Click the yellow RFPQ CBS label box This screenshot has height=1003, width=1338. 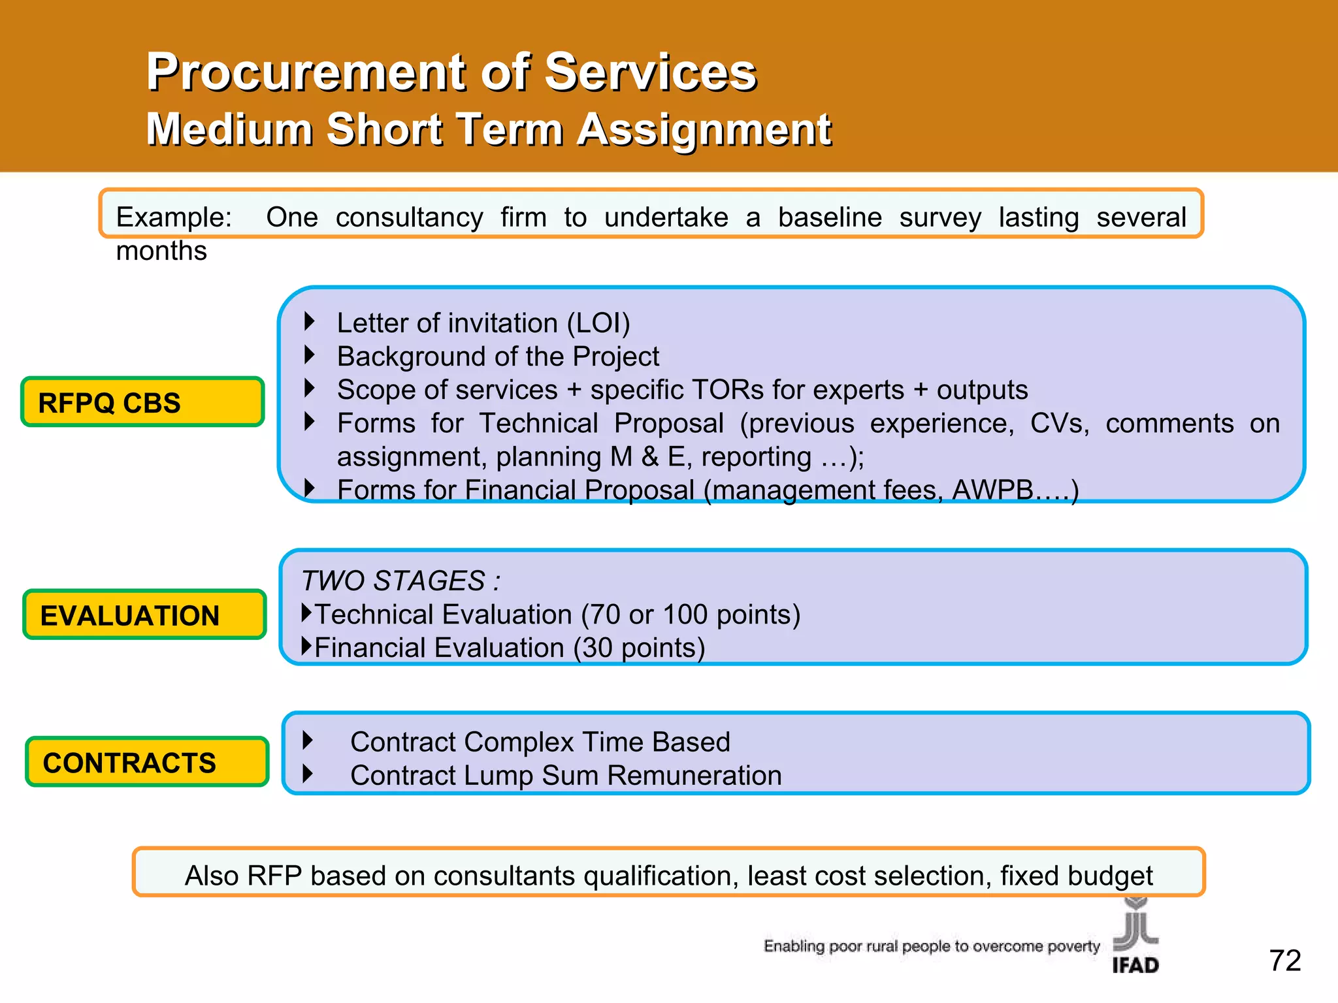(x=142, y=402)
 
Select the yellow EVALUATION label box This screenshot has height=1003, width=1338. (x=144, y=615)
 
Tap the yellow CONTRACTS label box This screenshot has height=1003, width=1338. (x=147, y=762)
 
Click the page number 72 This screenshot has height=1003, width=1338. (x=1284, y=961)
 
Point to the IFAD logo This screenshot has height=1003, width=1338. (x=1135, y=938)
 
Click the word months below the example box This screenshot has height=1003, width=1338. (x=161, y=251)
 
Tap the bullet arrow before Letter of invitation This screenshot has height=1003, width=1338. (x=310, y=321)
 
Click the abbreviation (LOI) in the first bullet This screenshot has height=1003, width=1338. (x=598, y=323)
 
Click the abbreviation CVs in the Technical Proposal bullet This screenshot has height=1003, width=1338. (x=1059, y=423)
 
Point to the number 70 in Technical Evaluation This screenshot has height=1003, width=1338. (x=604, y=614)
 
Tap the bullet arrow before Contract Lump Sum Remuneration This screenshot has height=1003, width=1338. (x=308, y=774)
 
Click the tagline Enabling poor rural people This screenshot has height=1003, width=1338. (x=931, y=946)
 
